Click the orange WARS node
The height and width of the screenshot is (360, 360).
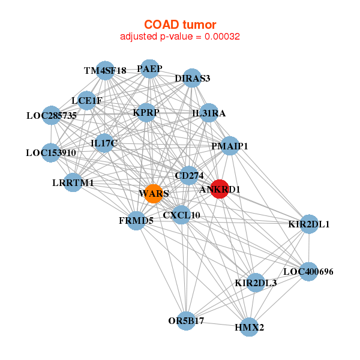click(153, 193)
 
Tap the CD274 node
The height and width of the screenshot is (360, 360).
click(189, 175)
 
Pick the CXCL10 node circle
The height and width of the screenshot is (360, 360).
click(181, 215)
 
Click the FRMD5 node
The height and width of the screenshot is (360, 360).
click(136, 220)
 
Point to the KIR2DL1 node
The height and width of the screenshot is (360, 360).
click(309, 224)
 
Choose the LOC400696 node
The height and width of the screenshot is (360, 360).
click(308, 271)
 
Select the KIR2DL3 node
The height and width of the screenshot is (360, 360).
click(256, 283)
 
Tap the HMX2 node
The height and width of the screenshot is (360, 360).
click(250, 328)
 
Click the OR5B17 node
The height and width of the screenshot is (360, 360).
click(187, 320)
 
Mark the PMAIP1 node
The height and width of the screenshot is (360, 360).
click(230, 146)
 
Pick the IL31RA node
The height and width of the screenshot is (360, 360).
click(208, 113)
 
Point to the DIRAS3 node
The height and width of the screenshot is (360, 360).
click(192, 78)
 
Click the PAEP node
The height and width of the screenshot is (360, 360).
click(149, 68)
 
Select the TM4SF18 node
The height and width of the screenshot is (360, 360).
click(106, 70)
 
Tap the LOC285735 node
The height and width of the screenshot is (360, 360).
click(52, 115)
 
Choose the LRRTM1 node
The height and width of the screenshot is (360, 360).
click(73, 182)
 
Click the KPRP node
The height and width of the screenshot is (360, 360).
click(146, 112)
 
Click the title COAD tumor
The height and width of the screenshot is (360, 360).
click(180, 25)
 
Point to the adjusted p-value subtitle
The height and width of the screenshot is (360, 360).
click(180, 37)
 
